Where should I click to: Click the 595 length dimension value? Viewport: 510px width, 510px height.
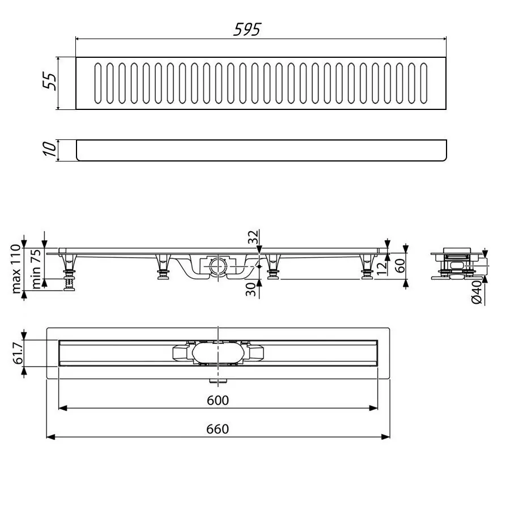click(247, 29)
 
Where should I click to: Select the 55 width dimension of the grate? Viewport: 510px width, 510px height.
click(50, 83)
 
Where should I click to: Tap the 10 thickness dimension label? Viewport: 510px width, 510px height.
click(50, 150)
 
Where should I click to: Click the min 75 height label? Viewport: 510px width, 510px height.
click(35, 270)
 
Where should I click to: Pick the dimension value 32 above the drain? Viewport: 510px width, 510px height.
click(253, 237)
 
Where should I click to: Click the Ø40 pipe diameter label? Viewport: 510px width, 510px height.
click(477, 291)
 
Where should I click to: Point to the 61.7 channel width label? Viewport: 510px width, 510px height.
click(16, 353)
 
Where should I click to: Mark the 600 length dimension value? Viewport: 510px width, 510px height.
click(218, 401)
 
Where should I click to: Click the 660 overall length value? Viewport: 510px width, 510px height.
click(218, 429)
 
